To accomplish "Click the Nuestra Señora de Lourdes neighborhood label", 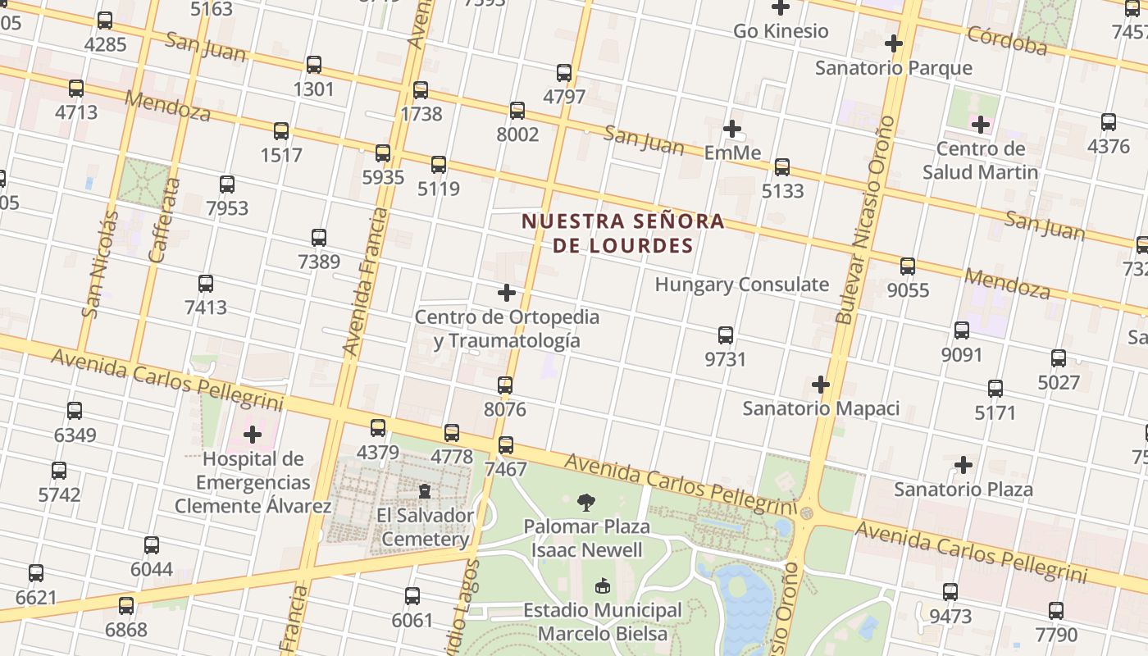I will point(623,233).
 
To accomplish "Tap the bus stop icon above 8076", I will point(505,385).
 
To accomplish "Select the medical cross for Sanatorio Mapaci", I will point(821,384).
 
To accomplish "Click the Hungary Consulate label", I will point(741,285).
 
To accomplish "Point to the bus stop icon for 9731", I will point(726,335).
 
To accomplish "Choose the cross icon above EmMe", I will point(732,129).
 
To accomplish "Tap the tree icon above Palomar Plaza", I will point(586,502).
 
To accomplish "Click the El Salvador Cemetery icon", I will point(425,490).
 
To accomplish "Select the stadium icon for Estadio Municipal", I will point(603,586).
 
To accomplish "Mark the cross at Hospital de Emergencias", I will point(253,434).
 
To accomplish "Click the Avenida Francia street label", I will point(365,281).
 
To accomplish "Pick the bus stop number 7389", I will point(319,262).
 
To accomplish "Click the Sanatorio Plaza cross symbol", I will point(963,465).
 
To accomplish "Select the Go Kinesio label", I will point(781,31).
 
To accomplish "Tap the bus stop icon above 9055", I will point(908,266).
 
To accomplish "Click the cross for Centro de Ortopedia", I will point(507,292).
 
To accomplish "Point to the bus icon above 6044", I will point(152,544).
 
